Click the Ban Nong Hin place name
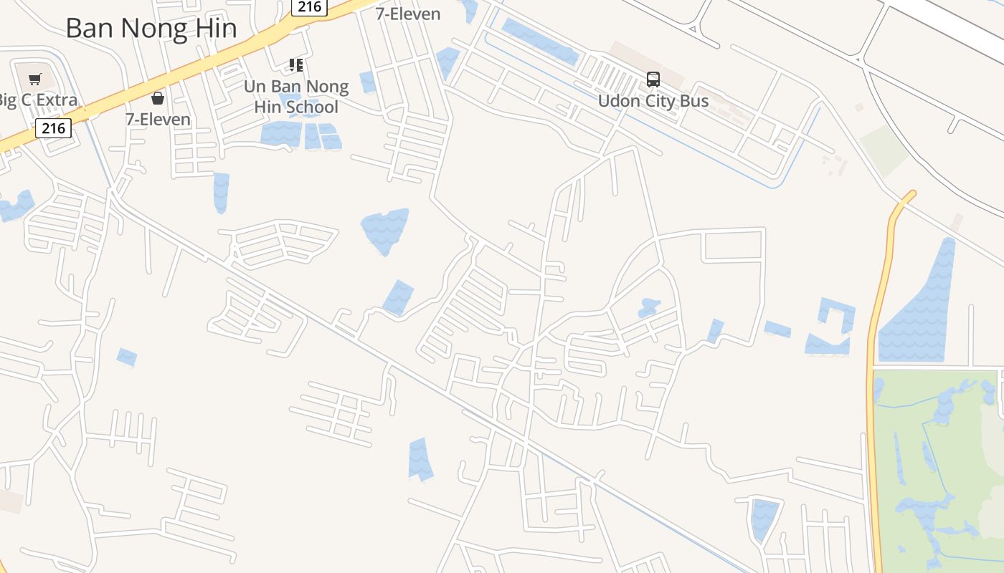pos(151,28)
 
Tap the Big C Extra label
pos(37,100)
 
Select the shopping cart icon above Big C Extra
pos(35,78)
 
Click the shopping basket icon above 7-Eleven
pos(158,98)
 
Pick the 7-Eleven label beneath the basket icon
pos(158,119)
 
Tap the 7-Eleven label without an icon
pos(408,14)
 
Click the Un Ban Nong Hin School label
pos(296,97)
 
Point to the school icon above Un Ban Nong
pos(296,65)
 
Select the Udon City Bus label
pos(653,101)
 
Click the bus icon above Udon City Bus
pos(653,80)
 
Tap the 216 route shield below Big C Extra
pos(53,128)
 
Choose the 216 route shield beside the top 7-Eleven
pos(309,7)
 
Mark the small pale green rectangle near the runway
pos(884,150)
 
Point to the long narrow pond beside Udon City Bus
pos(540,42)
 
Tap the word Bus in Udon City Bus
pos(694,101)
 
